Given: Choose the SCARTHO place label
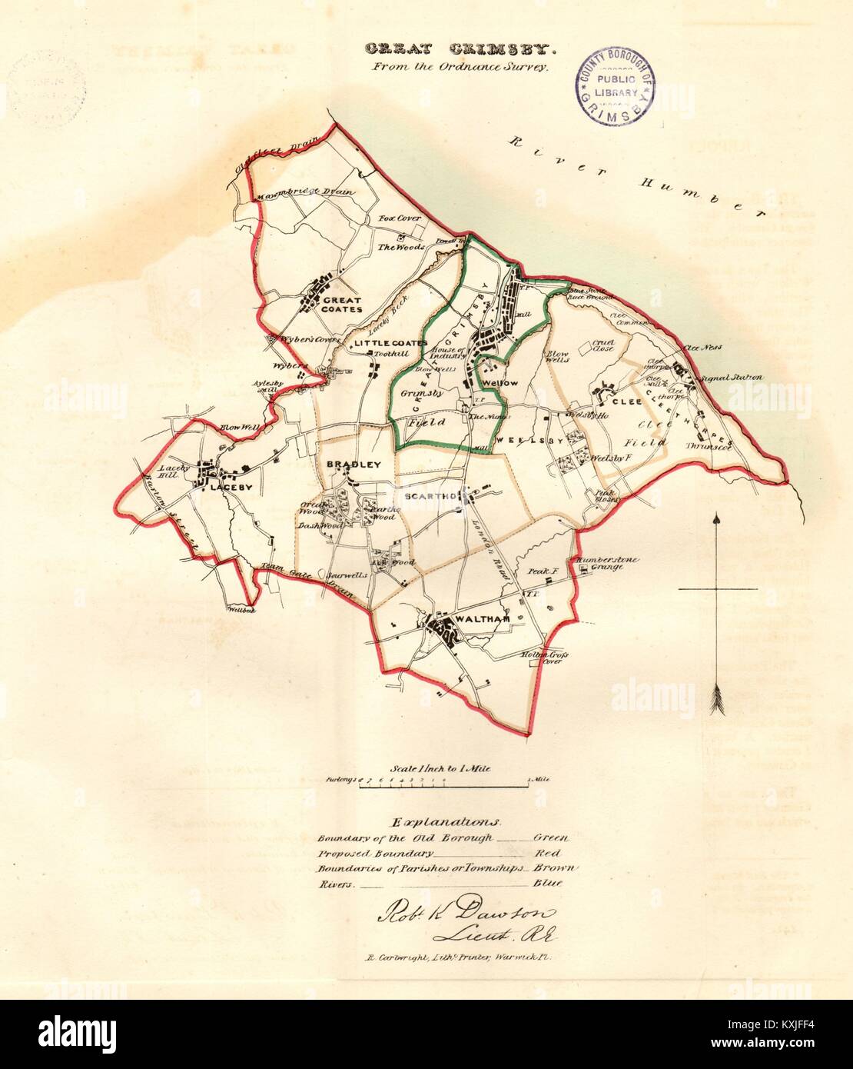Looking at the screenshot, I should [427, 498].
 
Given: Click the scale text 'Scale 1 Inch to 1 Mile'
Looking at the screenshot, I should [440, 768].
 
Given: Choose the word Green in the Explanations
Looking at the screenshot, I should [550, 838].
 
